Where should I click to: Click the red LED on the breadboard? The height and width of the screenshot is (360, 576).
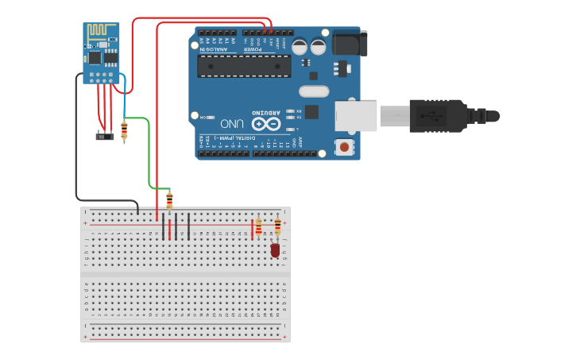(275, 250)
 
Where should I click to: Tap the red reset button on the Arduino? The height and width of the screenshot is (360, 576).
(344, 147)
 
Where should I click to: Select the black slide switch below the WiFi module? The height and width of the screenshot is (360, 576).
(104, 136)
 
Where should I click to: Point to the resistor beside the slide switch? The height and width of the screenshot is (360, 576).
(124, 130)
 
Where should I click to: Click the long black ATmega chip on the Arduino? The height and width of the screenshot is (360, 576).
(244, 66)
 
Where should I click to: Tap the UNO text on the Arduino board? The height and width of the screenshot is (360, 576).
(232, 124)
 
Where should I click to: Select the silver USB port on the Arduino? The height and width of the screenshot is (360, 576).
(355, 116)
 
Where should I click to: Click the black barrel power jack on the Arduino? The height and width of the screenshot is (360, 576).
(350, 43)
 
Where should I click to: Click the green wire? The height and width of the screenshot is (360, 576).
(149, 151)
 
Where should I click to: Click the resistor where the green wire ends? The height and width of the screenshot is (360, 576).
(169, 201)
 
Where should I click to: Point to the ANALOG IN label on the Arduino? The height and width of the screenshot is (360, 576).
(216, 48)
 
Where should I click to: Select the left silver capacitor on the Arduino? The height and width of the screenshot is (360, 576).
(300, 47)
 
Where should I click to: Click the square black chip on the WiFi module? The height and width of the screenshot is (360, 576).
(95, 57)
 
